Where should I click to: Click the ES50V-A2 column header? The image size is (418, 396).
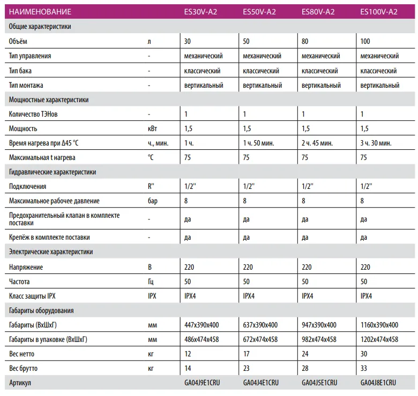point(259,11)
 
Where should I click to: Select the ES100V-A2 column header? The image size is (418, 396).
point(379,11)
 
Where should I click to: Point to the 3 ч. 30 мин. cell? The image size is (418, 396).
point(376,143)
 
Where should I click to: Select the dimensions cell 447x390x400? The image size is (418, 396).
point(201,325)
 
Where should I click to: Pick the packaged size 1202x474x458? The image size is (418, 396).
point(379,339)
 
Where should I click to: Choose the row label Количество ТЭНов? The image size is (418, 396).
point(34,114)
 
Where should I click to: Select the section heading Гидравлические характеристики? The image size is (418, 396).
point(53,172)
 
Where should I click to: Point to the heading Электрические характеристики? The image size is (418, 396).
point(51,252)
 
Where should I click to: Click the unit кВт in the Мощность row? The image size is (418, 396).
point(153,128)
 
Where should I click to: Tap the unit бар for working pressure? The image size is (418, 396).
point(153,201)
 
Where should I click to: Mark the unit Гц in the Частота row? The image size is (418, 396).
point(151,281)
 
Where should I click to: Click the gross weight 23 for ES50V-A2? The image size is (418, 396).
point(247,368)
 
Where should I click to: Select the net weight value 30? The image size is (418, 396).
point(364,354)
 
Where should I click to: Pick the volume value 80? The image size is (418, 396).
point(305,41)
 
